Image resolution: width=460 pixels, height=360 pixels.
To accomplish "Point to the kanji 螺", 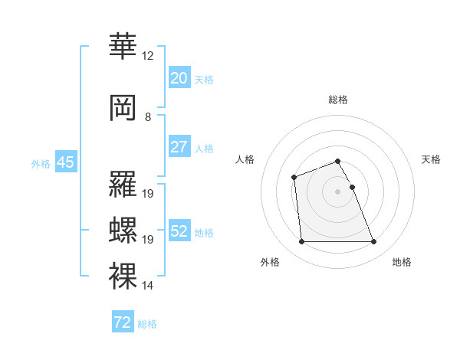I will point(123,230).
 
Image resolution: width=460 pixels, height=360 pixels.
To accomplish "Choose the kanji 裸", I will point(123,276).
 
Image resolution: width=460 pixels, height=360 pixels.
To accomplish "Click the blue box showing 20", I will point(179,78).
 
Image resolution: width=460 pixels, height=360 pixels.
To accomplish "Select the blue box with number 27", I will point(179,147).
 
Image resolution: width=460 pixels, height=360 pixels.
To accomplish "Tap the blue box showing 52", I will point(179,231).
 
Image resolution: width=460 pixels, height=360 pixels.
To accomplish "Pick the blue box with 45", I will point(65,162).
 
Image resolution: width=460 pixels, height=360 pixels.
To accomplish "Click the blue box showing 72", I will point(123,322).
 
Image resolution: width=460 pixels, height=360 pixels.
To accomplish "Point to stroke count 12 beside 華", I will point(147,56).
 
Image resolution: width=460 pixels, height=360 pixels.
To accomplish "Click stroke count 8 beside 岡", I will point(147,117).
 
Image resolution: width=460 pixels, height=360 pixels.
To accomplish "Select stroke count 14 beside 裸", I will point(147,286).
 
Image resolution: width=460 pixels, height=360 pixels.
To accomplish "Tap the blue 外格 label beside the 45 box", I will point(40,163).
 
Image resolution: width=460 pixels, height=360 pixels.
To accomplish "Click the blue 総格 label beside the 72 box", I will point(147,323).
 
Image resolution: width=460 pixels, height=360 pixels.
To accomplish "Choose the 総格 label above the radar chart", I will point(337,100).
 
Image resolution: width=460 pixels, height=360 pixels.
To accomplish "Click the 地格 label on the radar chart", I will point(402,262).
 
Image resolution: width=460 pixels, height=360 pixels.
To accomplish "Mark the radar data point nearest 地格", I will point(373,242).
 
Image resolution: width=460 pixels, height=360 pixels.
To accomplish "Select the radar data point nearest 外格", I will point(302,242).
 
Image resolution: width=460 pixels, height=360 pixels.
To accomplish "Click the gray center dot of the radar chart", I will point(337,191).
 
